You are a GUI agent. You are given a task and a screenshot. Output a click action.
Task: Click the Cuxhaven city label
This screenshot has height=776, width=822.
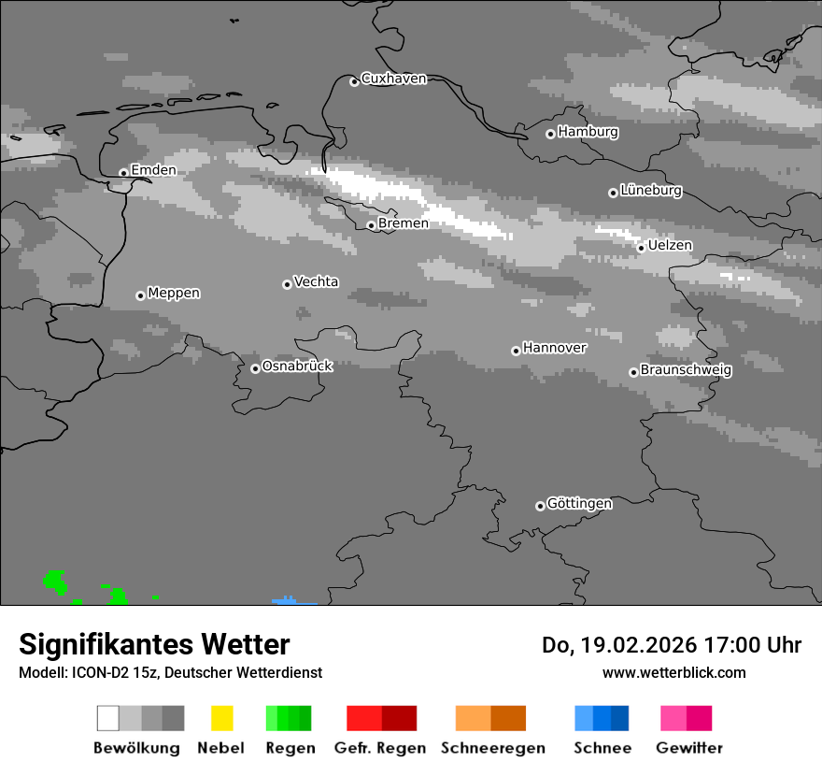tap(393, 79)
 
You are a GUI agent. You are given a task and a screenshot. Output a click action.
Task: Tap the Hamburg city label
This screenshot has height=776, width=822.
tap(588, 132)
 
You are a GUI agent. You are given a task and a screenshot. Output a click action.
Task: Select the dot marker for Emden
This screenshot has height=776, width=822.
tap(123, 172)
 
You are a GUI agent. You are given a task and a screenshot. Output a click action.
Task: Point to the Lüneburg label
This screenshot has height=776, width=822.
tap(651, 191)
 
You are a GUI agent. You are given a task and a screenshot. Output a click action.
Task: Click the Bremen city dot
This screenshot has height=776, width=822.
tap(371, 225)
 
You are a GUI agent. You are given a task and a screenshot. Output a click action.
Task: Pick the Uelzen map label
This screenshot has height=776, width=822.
tap(670, 245)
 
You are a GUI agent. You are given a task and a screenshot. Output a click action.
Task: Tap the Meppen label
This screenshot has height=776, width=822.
tap(174, 293)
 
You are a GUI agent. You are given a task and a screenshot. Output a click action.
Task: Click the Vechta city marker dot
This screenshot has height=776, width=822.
tap(287, 284)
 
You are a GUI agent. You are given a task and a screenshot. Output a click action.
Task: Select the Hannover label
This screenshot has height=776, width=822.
tap(555, 348)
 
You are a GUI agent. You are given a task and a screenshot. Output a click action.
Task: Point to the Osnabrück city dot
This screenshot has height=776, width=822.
tap(255, 368)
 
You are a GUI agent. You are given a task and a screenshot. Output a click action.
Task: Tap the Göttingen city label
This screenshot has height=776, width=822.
tap(579, 504)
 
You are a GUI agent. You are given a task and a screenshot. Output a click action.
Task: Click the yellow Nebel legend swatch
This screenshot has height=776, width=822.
tap(221, 718)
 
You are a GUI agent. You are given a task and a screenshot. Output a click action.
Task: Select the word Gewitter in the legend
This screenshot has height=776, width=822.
tap(689, 748)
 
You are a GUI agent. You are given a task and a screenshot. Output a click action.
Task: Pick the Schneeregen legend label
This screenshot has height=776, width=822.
tap(492, 748)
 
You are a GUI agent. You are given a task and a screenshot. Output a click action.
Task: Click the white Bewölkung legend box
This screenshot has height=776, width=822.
tap(108, 718)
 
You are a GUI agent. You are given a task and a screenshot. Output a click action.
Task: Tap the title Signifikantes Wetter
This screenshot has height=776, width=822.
tap(154, 644)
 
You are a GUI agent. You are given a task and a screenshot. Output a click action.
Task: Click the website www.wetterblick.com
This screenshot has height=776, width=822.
tap(673, 672)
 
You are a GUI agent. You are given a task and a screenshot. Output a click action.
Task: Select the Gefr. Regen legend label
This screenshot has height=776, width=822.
tap(380, 748)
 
